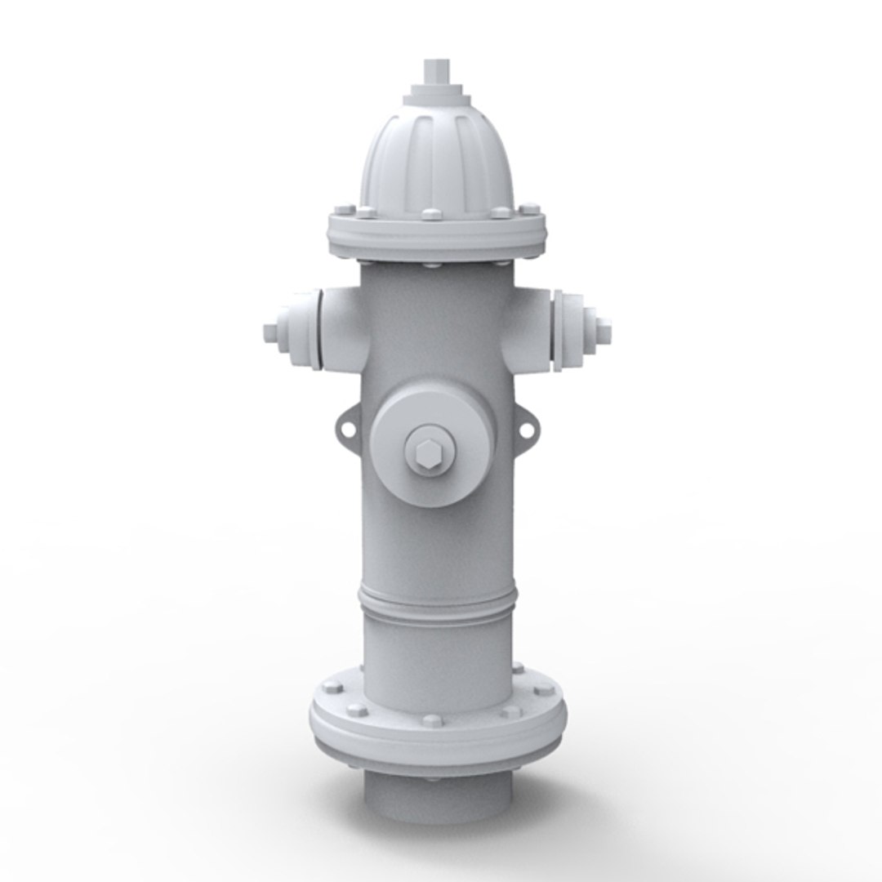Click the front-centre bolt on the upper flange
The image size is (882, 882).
coord(430,216)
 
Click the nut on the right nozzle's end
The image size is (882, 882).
coord(604,331)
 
